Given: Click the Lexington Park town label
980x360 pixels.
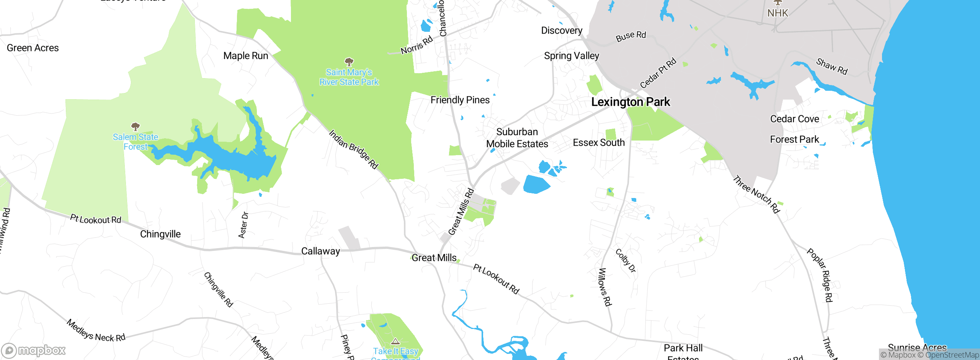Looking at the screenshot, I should [x=630, y=102].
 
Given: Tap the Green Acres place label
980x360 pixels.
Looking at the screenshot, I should [x=33, y=48].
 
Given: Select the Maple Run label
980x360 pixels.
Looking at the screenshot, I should [x=246, y=56].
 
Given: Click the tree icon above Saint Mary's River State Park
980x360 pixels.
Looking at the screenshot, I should [x=349, y=62].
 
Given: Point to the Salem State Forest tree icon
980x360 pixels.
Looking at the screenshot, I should [x=135, y=126].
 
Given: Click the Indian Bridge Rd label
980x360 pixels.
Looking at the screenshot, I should [x=353, y=149].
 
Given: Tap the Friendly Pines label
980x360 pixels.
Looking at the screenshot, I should [x=460, y=100].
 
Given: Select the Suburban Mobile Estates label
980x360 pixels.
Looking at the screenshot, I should [x=517, y=138].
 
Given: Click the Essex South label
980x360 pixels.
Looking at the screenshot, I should [x=599, y=142].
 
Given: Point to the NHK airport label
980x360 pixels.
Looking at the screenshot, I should [x=777, y=13].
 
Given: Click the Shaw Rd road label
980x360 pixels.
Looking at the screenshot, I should [x=832, y=66].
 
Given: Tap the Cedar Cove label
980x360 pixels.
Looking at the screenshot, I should [x=794, y=119].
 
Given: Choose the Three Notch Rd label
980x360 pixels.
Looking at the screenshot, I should [x=756, y=194].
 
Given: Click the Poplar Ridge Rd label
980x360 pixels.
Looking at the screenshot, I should [x=820, y=275].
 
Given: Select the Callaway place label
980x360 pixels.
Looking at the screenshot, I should [x=320, y=251].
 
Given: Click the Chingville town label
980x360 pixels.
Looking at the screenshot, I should [x=160, y=234].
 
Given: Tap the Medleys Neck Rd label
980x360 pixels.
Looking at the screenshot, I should [x=96, y=331].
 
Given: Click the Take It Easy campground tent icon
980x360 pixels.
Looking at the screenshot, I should [x=395, y=341].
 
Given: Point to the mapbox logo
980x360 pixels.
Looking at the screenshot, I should [x=34, y=350].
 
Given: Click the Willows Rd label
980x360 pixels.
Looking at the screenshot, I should [x=604, y=287].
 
